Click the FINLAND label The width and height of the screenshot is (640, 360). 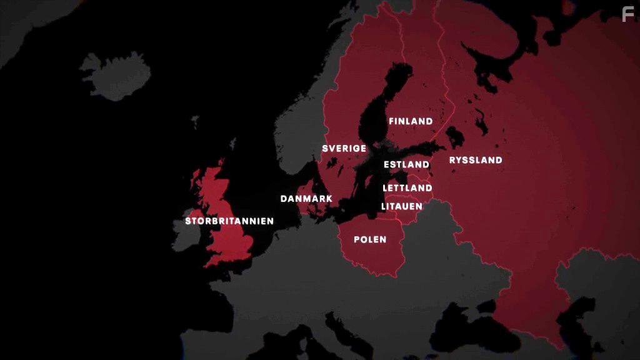pos(411,121)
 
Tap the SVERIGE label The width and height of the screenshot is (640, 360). pos(344,149)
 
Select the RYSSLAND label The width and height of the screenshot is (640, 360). pos(476,160)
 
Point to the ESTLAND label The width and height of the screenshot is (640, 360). pos(407,165)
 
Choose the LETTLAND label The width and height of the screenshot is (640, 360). pos(407,188)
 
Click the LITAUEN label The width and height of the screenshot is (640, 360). pos(402,206)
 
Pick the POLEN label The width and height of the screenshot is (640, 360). pos(370,239)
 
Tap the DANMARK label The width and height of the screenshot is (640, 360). pos(306,199)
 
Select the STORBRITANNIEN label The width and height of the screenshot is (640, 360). pos(229,221)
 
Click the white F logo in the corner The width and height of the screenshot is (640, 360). pos(628,14)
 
